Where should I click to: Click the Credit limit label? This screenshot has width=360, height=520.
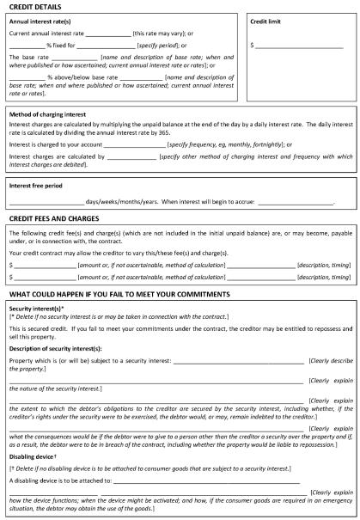click(x=267, y=21)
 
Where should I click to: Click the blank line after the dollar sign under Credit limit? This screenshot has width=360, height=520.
click(x=299, y=44)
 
